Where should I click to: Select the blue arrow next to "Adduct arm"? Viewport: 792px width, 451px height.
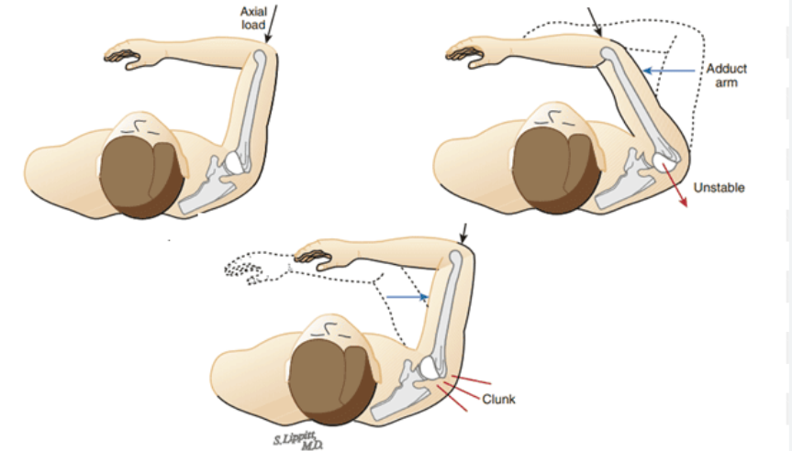click(x=669, y=70)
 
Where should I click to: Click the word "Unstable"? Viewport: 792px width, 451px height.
click(x=719, y=188)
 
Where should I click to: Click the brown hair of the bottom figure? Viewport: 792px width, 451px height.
click(x=326, y=389)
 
